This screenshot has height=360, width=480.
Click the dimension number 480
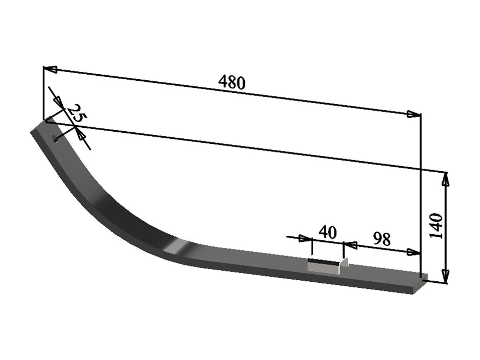tap(232, 82)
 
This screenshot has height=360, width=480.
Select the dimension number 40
tap(327, 232)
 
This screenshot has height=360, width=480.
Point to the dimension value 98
tap(382, 239)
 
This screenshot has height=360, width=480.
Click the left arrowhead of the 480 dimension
tap(50, 69)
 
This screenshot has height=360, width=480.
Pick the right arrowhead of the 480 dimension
tap(414, 115)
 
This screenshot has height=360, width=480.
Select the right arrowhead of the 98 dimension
tap(414, 252)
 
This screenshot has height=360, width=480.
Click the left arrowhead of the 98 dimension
tap(350, 245)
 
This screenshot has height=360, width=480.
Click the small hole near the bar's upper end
tap(55, 137)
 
